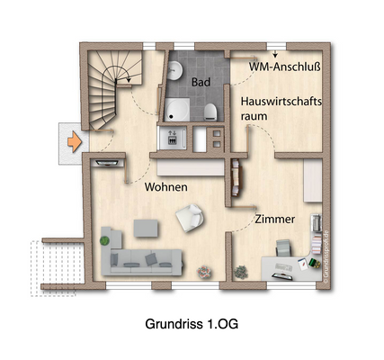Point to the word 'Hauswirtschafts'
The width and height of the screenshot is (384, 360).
281,102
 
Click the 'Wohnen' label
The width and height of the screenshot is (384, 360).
165,186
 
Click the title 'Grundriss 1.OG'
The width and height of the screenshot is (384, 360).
192,321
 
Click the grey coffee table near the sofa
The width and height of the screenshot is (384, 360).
144,228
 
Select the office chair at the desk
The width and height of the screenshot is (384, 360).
284,247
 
